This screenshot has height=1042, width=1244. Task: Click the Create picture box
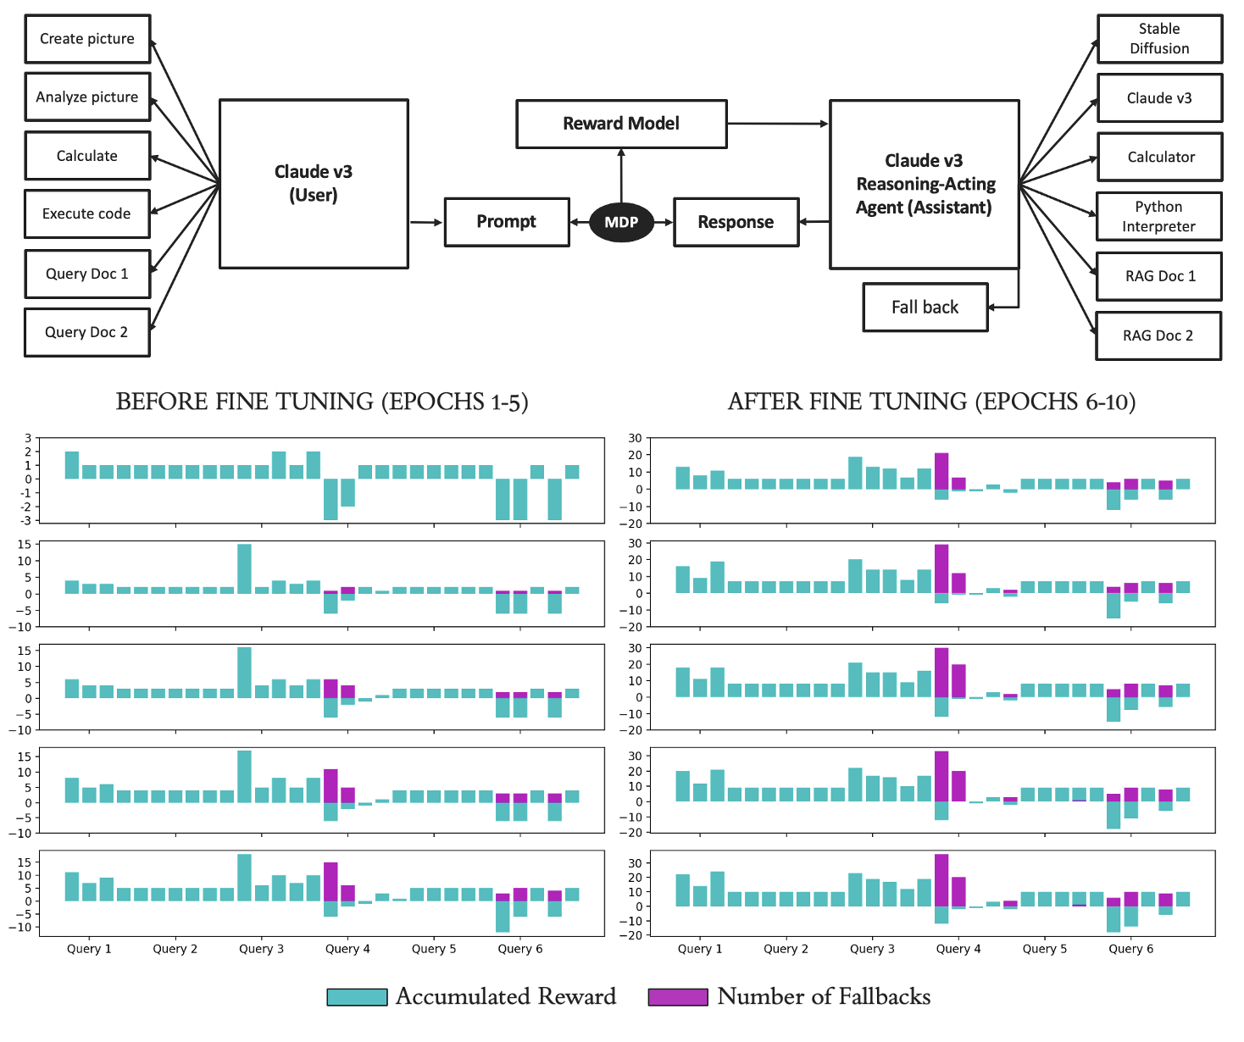point(87,39)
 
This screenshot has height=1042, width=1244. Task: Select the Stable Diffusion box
point(1159,39)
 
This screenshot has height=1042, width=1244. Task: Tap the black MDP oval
point(621,222)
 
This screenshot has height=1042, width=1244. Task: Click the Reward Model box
point(621,124)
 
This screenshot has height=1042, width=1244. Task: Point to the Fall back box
point(925,307)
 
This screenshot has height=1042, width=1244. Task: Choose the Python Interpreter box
point(1158,217)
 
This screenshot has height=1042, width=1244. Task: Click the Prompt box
point(506,222)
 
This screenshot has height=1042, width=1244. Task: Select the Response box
point(736,222)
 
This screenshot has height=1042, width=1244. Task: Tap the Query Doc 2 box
point(87,332)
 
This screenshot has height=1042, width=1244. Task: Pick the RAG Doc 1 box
point(1158,276)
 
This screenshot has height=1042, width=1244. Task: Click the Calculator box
point(1159,157)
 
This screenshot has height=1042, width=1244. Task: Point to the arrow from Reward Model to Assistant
point(777,124)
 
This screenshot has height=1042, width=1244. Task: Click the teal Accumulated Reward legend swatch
point(357,997)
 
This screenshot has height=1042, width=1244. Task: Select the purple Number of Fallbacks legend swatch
point(677,997)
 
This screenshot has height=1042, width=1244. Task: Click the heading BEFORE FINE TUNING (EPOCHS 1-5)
point(322,402)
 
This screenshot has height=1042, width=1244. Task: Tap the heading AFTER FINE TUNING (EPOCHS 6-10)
point(931,402)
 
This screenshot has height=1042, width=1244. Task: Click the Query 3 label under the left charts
point(261,949)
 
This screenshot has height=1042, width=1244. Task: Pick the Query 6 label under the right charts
point(1130,949)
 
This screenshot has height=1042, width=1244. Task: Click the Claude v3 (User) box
point(314,184)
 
